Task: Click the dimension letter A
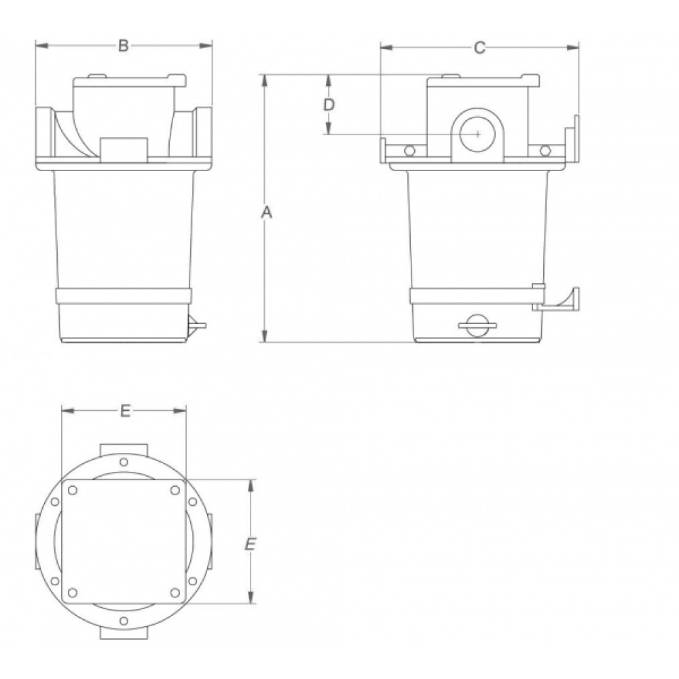(267, 213)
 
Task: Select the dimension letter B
(124, 45)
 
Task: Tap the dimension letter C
(479, 48)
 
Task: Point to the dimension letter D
(329, 105)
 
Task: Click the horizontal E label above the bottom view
(125, 411)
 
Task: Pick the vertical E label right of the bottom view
(251, 545)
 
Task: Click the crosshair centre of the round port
(477, 134)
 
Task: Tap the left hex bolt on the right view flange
(409, 151)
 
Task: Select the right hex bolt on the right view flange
(545, 151)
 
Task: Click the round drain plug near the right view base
(477, 326)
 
